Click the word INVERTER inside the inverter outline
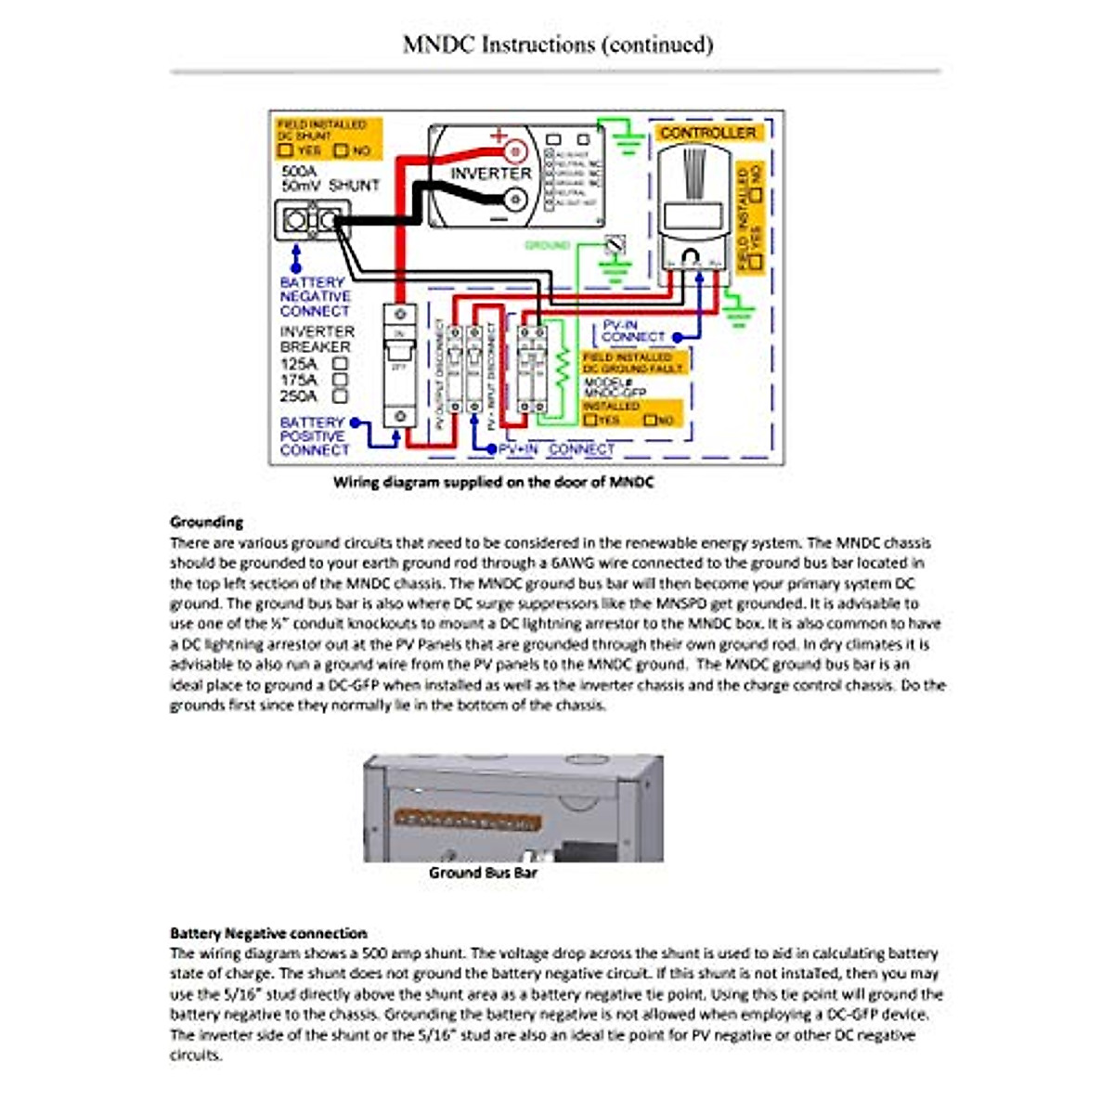click(x=491, y=174)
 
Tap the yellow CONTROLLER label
click(x=707, y=133)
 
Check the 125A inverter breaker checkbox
click(x=341, y=364)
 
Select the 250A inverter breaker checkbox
click(x=341, y=396)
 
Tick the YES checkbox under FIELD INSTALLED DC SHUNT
click(x=287, y=150)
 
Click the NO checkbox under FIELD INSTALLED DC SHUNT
click(x=341, y=150)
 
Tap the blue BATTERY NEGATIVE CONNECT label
click(x=315, y=296)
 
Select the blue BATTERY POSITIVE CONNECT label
click(x=313, y=436)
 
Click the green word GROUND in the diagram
click(x=547, y=245)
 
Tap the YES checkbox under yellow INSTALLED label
click(x=589, y=421)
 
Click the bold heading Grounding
click(x=206, y=522)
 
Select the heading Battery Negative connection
click(x=268, y=933)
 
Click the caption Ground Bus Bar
click(x=483, y=873)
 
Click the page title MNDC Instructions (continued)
click(x=557, y=44)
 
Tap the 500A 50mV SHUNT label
click(x=330, y=179)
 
